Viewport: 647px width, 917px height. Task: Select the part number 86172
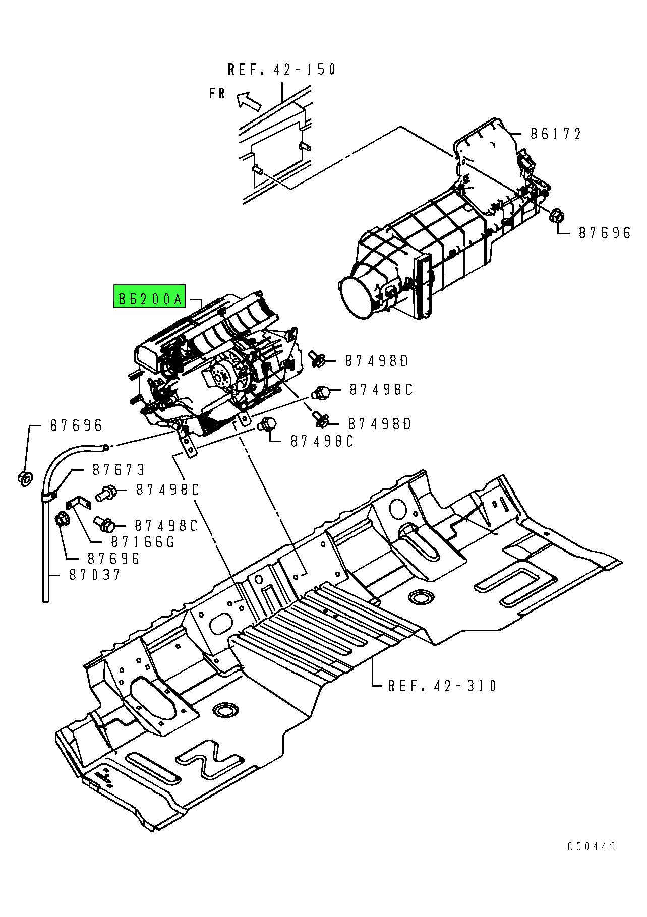pyautogui.click(x=555, y=134)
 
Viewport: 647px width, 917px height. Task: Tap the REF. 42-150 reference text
pyautogui.click(x=281, y=70)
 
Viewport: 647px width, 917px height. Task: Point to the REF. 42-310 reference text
pyautogui.click(x=442, y=686)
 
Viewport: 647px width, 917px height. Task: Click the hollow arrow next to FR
pyautogui.click(x=249, y=101)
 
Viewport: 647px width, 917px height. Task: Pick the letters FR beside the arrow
pyautogui.click(x=217, y=94)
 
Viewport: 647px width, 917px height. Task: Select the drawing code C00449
pyautogui.click(x=591, y=847)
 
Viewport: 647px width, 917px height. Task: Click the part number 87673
pyautogui.click(x=119, y=470)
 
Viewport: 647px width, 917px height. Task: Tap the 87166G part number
pyautogui.click(x=143, y=542)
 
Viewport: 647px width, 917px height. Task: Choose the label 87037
pyautogui.click(x=95, y=575)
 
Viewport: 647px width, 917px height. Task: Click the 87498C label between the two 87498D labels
pyautogui.click(x=381, y=390)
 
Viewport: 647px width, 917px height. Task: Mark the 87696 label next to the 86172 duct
pyautogui.click(x=605, y=233)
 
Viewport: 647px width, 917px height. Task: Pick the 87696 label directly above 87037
pyautogui.click(x=113, y=559)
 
